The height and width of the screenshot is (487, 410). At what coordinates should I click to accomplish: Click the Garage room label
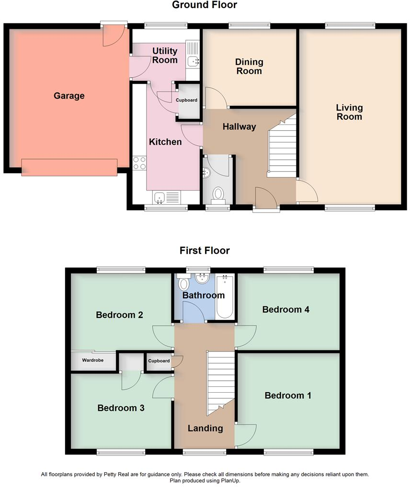pyautogui.click(x=69, y=96)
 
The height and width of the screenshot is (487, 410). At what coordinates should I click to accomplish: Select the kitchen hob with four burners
pyautogui.click(x=139, y=163)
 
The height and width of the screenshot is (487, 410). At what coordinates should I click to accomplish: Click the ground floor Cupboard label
pyautogui.click(x=187, y=100)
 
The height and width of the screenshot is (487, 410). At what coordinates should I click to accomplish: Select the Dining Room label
pyautogui.click(x=249, y=67)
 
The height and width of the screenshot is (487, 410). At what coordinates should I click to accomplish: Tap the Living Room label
pyautogui.click(x=349, y=112)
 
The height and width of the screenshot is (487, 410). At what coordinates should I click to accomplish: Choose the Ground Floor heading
pyautogui.click(x=205, y=5)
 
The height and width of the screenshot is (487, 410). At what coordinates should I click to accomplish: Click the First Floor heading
pyautogui.click(x=205, y=250)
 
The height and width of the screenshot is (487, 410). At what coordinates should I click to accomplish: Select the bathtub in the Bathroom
pyautogui.click(x=224, y=297)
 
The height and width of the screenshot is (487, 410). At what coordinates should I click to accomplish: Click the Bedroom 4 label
pyautogui.click(x=286, y=309)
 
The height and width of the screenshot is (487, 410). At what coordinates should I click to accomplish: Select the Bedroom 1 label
pyautogui.click(x=288, y=396)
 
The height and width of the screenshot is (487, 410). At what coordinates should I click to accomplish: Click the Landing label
pyautogui.click(x=205, y=428)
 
